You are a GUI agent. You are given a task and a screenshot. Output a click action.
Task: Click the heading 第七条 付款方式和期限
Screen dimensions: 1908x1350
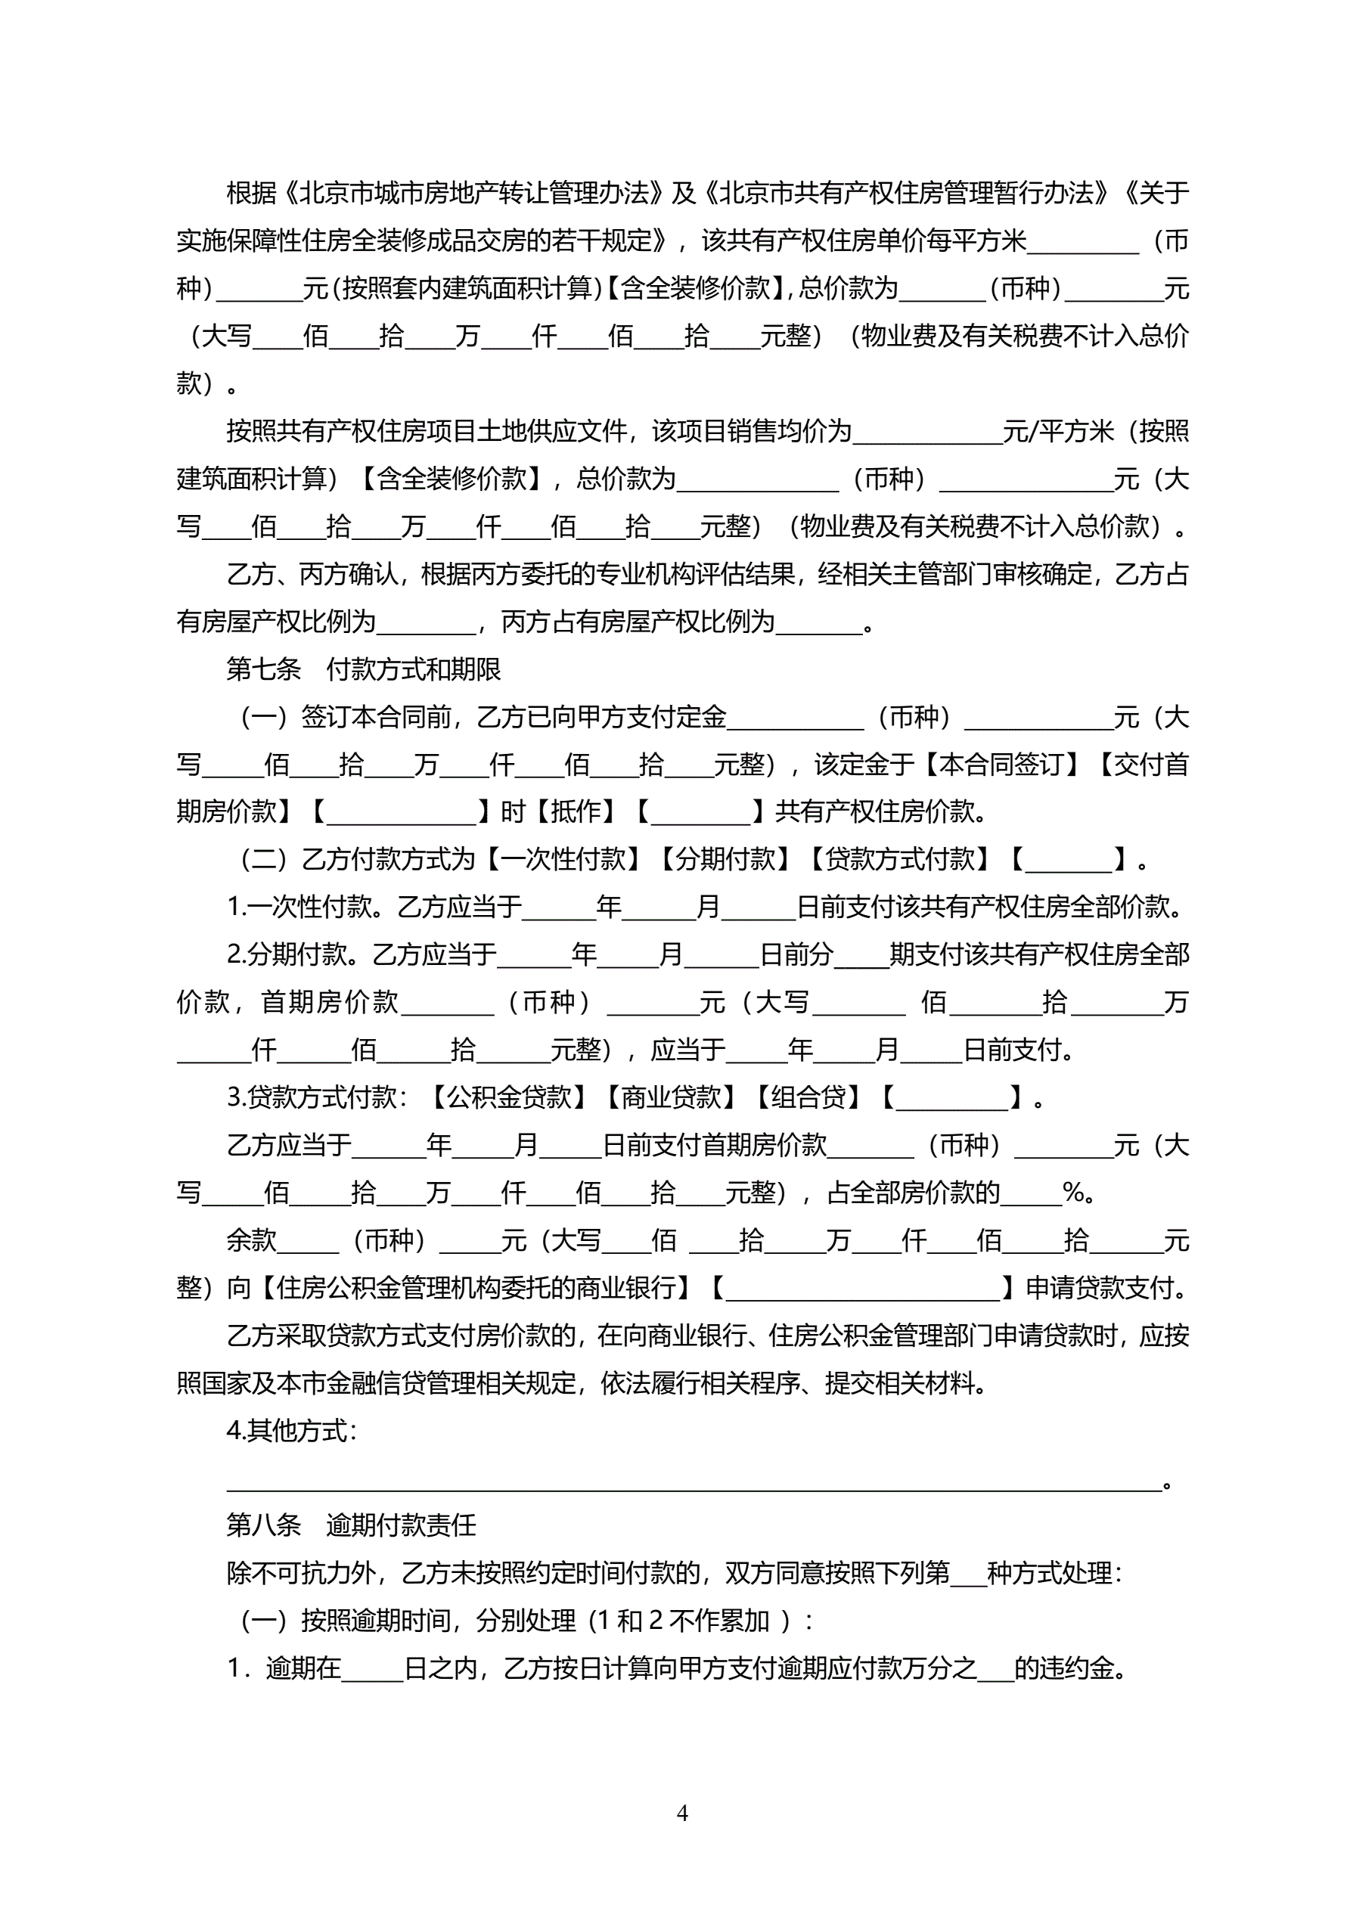tap(363, 669)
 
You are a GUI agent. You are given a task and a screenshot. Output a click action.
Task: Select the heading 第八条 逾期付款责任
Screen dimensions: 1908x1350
tap(351, 1525)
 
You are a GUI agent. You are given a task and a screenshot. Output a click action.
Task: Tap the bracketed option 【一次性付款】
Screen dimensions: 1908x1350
tap(562, 859)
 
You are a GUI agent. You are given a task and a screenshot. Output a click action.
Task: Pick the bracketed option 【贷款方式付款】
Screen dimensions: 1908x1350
tap(899, 859)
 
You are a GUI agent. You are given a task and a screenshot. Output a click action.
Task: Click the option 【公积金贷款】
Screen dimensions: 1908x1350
tap(509, 1098)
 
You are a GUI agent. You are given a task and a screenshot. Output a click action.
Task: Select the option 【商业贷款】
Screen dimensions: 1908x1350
tap(671, 1098)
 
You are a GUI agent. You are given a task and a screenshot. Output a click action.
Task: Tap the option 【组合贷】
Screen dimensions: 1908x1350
tap(808, 1098)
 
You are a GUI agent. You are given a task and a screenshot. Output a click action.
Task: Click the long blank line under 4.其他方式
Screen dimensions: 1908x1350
tap(694, 1485)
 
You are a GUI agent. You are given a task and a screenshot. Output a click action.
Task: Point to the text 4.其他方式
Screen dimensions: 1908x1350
tap(292, 1430)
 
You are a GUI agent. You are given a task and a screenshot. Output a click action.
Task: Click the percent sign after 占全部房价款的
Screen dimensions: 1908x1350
tap(1074, 1193)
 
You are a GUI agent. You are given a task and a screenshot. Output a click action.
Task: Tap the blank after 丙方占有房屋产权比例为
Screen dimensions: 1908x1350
tap(819, 622)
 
